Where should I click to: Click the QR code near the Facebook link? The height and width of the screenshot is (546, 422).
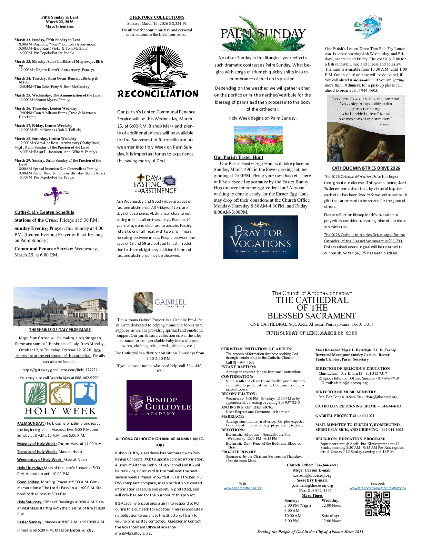click(378, 504)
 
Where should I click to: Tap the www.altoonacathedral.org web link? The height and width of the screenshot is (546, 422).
click(242, 488)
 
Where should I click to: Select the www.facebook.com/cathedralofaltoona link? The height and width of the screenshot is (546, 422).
click(378, 488)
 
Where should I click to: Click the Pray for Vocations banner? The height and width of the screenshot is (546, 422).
click(260, 237)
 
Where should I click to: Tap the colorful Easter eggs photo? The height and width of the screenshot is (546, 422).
click(258, 140)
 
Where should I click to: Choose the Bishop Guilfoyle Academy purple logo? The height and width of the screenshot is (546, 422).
click(159, 405)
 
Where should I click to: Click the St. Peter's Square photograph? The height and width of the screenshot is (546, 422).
click(60, 306)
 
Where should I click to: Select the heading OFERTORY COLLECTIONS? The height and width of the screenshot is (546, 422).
click(157, 17)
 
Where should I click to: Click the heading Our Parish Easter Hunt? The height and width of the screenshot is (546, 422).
click(238, 158)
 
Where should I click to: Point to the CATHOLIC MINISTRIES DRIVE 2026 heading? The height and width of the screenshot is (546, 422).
click(366, 168)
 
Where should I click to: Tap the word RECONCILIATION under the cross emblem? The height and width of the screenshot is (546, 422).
click(158, 94)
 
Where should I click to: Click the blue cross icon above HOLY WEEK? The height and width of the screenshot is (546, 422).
click(85, 393)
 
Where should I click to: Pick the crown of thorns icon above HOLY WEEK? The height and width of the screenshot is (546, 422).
click(60, 393)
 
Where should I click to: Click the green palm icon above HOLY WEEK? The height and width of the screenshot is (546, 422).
click(35, 393)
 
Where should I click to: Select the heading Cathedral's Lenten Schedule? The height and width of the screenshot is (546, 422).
click(44, 212)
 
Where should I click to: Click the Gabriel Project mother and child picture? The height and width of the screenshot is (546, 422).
click(143, 302)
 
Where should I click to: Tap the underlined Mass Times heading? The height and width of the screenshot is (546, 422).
click(312, 495)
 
